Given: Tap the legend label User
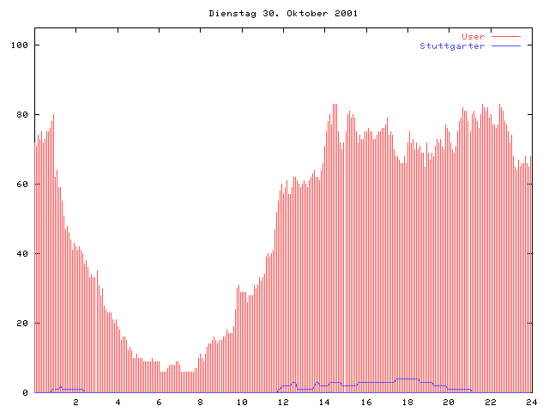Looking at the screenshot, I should pos(474,37).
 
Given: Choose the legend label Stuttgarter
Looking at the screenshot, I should pos(452,46).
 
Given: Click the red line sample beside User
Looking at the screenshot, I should pos(506,37).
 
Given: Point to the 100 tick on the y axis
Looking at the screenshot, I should pos(21,45).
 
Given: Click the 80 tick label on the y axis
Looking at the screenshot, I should pos(23,115).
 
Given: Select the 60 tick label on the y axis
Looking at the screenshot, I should pos(23,185).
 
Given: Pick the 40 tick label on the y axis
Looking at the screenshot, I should pos(23,254).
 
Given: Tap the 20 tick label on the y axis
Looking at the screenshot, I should pos(23,324).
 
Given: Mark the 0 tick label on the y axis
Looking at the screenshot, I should pos(26,393).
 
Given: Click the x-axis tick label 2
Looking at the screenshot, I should pos(75,402).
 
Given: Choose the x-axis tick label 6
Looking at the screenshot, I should pos(159,402).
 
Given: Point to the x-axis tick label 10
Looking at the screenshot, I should pos(242,402).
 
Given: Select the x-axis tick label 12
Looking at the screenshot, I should pos(283,402).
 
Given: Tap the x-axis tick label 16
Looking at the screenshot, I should pos(366,402).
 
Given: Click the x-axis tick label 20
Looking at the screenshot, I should pos(449,402).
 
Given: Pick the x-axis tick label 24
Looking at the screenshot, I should pos(531,402).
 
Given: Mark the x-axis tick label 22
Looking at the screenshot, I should pos(490,402).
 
